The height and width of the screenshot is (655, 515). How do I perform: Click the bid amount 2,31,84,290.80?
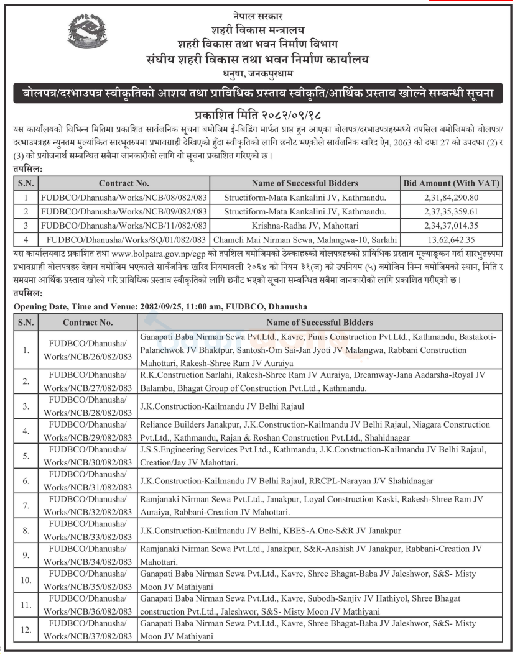pos(449,198)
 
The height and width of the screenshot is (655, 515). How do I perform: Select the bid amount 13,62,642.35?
pos(449,239)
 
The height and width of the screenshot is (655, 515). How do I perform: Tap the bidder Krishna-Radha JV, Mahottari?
pos(305,225)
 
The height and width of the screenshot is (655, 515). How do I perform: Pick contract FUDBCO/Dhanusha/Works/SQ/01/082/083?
pos(126,239)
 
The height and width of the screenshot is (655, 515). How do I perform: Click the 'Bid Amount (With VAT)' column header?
pos(449,183)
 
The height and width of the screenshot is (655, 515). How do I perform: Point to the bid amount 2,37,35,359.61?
pos(449,211)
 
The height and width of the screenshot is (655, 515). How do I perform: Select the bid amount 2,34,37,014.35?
pos(449,225)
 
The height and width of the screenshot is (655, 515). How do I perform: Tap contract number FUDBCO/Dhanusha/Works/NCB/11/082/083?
pos(123,225)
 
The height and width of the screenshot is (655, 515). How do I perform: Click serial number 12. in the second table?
pos(26,630)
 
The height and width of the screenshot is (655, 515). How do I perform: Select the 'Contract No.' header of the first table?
pos(124,183)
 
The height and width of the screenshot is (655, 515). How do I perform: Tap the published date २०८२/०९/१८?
pos(289,116)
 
